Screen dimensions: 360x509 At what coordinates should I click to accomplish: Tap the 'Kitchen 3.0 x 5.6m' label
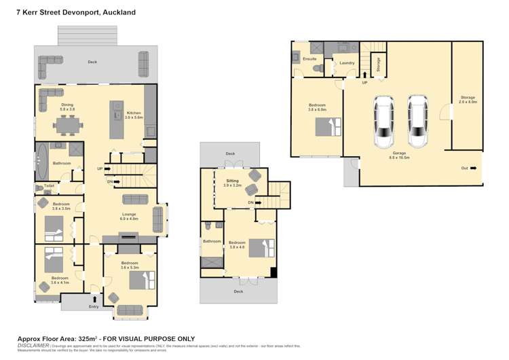pyautogui.click(x=134, y=115)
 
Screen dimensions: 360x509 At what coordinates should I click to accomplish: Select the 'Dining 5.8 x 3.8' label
pyautogui.click(x=67, y=107)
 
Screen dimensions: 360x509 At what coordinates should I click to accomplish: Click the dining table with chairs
pyautogui.click(x=67, y=125)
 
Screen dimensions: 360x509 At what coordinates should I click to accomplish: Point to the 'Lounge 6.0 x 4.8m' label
pyautogui.click(x=130, y=217)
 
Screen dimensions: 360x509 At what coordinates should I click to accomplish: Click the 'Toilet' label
pyautogui.click(x=50, y=185)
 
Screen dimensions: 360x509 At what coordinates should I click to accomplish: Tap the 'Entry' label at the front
pyautogui.click(x=94, y=307)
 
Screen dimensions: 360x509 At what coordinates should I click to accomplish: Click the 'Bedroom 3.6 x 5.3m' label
pyautogui.click(x=129, y=264)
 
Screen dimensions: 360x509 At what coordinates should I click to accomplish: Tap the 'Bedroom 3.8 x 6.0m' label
pyautogui.click(x=318, y=107)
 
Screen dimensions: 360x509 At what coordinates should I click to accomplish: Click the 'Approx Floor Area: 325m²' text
pyautogui.click(x=58, y=338)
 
